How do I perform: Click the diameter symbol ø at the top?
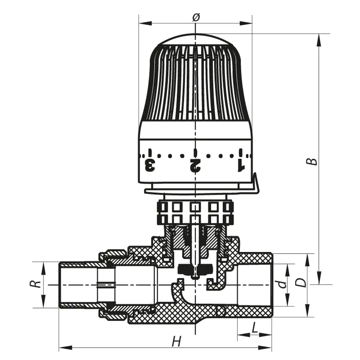(196, 17)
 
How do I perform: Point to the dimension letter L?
(254, 328)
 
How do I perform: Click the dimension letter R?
(35, 284)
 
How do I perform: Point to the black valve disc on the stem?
(194, 270)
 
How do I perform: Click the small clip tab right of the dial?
(254, 185)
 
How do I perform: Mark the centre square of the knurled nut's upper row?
(195, 207)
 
